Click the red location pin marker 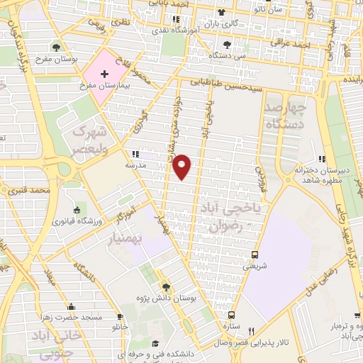point(182,166)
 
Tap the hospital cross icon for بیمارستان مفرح point(105,74)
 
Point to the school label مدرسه point(136,163)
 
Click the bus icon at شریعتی point(255,255)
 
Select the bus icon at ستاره point(231,314)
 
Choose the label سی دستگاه point(232,55)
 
